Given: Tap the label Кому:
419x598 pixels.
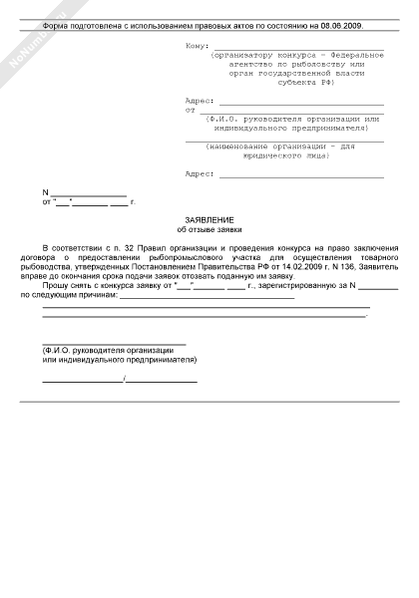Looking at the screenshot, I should pos(197,46).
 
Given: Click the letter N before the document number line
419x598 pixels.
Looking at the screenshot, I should pos(44,192).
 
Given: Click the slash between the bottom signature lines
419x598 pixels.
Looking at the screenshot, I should pos(124,380).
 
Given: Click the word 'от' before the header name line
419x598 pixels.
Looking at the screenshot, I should pos(190,111).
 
